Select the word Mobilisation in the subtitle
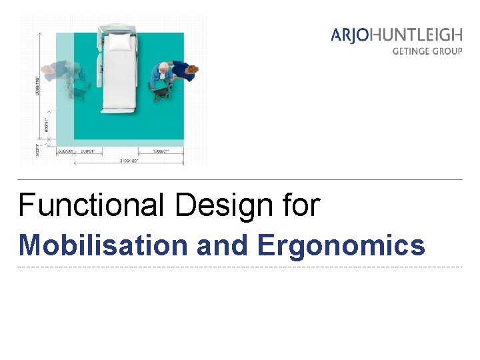point(104,245)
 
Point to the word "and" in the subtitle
point(223,245)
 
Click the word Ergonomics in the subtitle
point(341,245)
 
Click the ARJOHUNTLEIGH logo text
point(396,35)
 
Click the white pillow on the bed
point(120,43)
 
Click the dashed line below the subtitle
point(240,267)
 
